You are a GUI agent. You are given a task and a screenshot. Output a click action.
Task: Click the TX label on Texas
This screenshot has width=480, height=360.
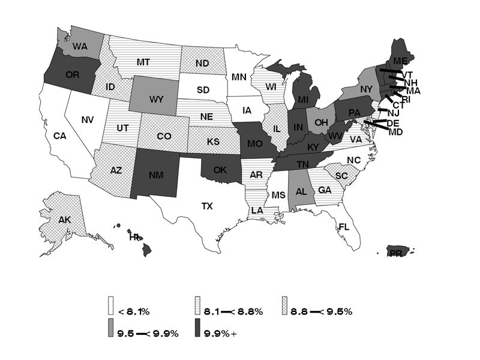coord(207,206)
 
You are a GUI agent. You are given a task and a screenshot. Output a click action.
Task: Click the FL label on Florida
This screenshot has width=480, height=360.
coord(344,227)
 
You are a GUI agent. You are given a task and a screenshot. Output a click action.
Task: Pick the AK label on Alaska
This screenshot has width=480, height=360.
coord(65,220)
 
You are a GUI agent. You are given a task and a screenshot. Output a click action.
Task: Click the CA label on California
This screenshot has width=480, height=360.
coord(59,136)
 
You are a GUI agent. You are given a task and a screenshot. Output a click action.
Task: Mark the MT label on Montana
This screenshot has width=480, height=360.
coord(143,61)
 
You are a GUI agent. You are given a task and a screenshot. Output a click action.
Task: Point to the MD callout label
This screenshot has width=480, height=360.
coord(395,132)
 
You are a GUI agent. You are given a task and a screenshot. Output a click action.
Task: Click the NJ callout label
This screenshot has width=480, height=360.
coord(394,113)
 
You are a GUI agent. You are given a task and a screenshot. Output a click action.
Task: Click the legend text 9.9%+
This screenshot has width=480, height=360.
coord(220,334)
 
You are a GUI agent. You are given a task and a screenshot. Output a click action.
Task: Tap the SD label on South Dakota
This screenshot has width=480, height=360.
coord(203,90)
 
